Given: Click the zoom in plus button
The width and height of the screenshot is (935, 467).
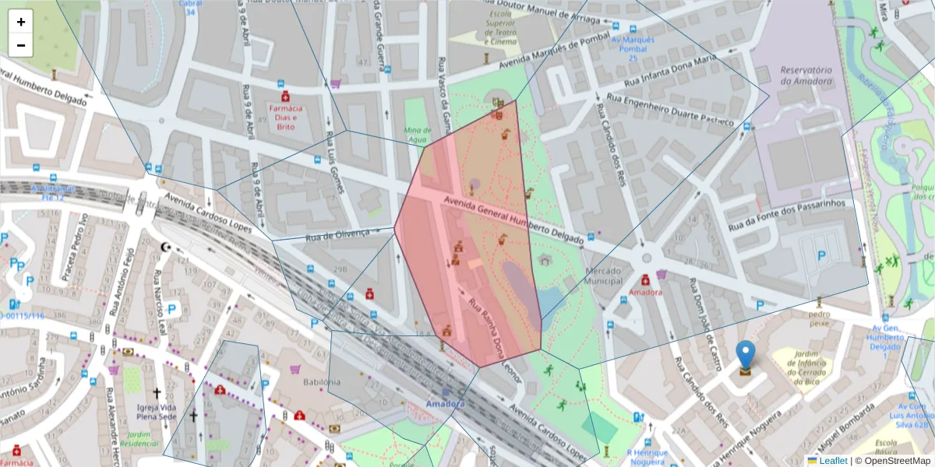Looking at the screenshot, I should pos(21,22).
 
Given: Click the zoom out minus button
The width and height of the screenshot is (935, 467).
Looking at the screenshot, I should pos(21,45).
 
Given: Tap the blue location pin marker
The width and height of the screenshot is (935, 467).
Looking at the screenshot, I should pos(746,356).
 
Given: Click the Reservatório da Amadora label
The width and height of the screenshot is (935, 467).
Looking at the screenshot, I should pos(806,75).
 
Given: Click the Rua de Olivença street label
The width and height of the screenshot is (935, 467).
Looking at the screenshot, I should pos(337,235).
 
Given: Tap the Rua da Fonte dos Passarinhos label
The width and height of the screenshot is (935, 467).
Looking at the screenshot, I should pos(787,216).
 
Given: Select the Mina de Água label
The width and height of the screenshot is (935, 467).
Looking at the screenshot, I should pos(418,134).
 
